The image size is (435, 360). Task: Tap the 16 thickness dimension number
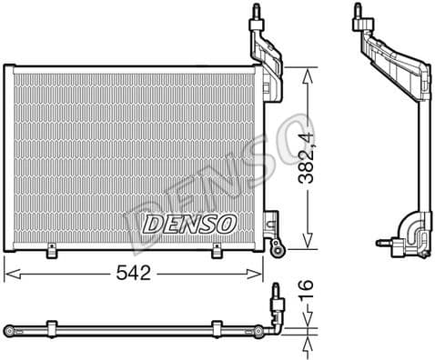pyautogui.click(x=309, y=291)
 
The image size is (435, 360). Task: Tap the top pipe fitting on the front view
pyautogui.click(x=258, y=12)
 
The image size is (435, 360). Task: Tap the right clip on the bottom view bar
pyautogui.click(x=217, y=326)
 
